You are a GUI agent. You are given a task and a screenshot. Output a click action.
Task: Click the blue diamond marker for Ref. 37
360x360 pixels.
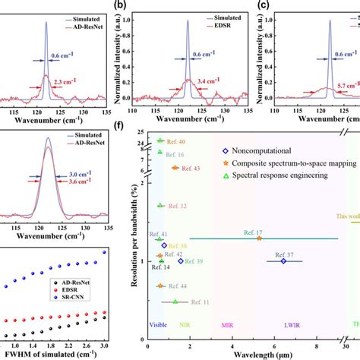click(x=284, y=261)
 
